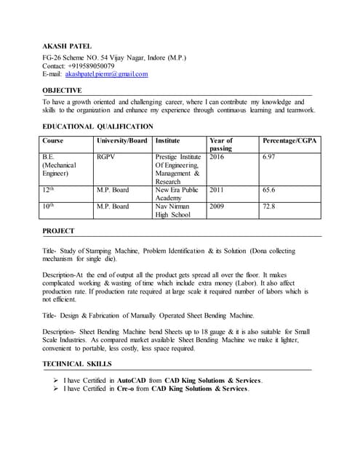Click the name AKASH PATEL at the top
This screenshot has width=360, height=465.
(x=65, y=46)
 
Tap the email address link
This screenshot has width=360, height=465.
(x=106, y=74)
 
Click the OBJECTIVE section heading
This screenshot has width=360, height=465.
(x=62, y=91)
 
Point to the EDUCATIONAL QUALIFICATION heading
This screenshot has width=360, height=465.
(x=97, y=126)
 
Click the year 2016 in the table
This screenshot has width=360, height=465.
(x=217, y=156)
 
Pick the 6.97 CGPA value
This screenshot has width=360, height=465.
(x=269, y=156)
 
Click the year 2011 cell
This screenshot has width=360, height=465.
(x=217, y=190)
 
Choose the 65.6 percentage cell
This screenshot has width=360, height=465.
(x=269, y=190)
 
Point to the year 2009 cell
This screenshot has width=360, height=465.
(x=217, y=206)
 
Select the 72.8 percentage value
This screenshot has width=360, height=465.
(x=269, y=206)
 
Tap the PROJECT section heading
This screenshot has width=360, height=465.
(x=58, y=231)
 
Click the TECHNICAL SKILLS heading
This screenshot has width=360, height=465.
(x=77, y=363)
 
